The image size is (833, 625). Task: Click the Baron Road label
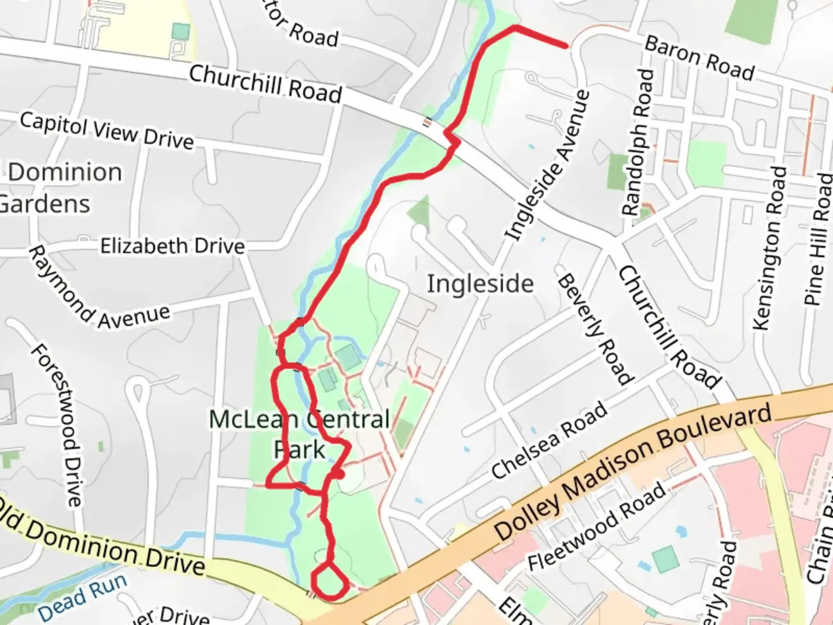pos(699,58)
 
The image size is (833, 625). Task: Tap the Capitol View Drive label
pos(106,131)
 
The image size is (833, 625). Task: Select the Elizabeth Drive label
pos(172,246)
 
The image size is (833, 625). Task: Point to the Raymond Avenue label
pos(98,289)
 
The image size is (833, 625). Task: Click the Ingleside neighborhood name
pos(480,284)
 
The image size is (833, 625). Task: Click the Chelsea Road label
pos(550,440)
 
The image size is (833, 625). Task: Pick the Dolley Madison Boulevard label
pos(633,472)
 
